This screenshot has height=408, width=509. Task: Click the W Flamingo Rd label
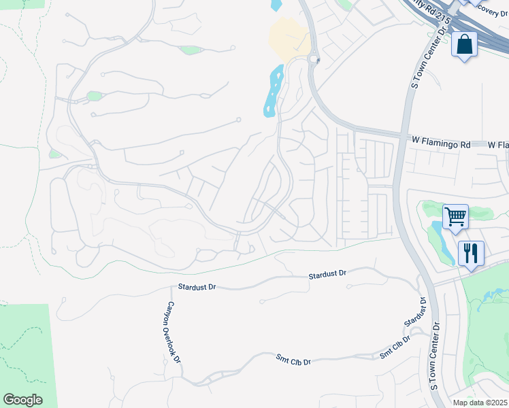click(x=441, y=144)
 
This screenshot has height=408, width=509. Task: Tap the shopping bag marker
click(x=464, y=46)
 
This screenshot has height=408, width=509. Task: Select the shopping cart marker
click(x=455, y=218)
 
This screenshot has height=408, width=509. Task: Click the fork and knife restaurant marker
click(x=471, y=254)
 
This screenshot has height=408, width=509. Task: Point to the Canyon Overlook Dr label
click(x=174, y=332)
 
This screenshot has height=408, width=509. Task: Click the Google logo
click(x=22, y=400)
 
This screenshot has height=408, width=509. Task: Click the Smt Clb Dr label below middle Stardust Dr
click(x=293, y=359)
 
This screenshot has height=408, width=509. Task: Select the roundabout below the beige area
click(x=314, y=59)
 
